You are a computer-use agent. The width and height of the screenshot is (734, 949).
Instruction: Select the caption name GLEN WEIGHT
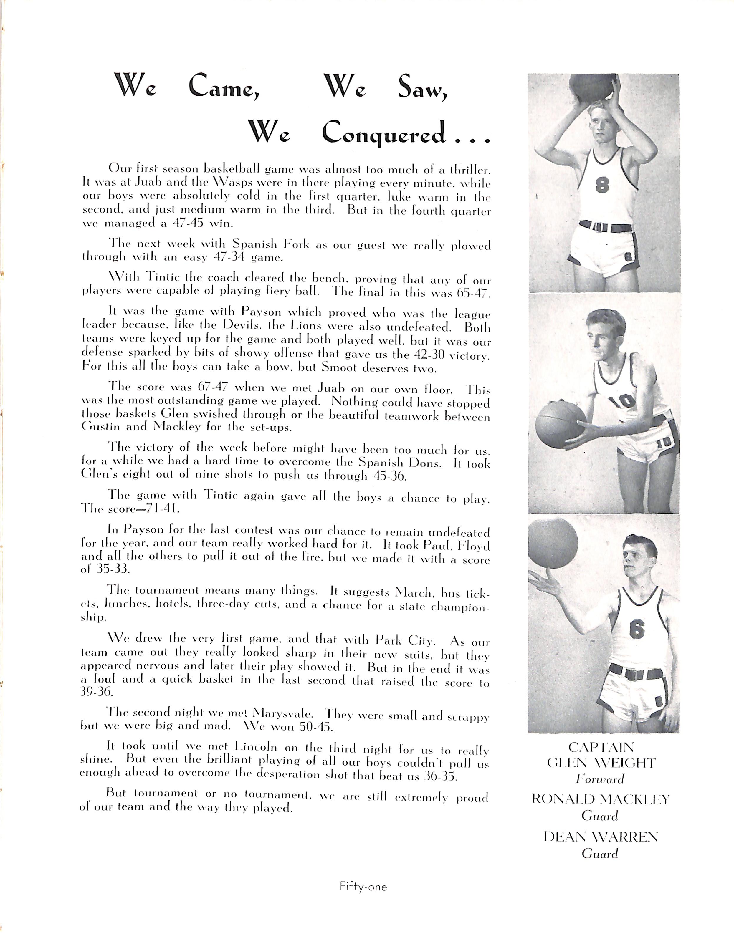pos(601,763)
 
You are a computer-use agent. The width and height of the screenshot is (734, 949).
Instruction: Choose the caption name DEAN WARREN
pos(601,837)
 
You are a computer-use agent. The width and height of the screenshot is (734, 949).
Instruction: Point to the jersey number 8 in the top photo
pos(602,186)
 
